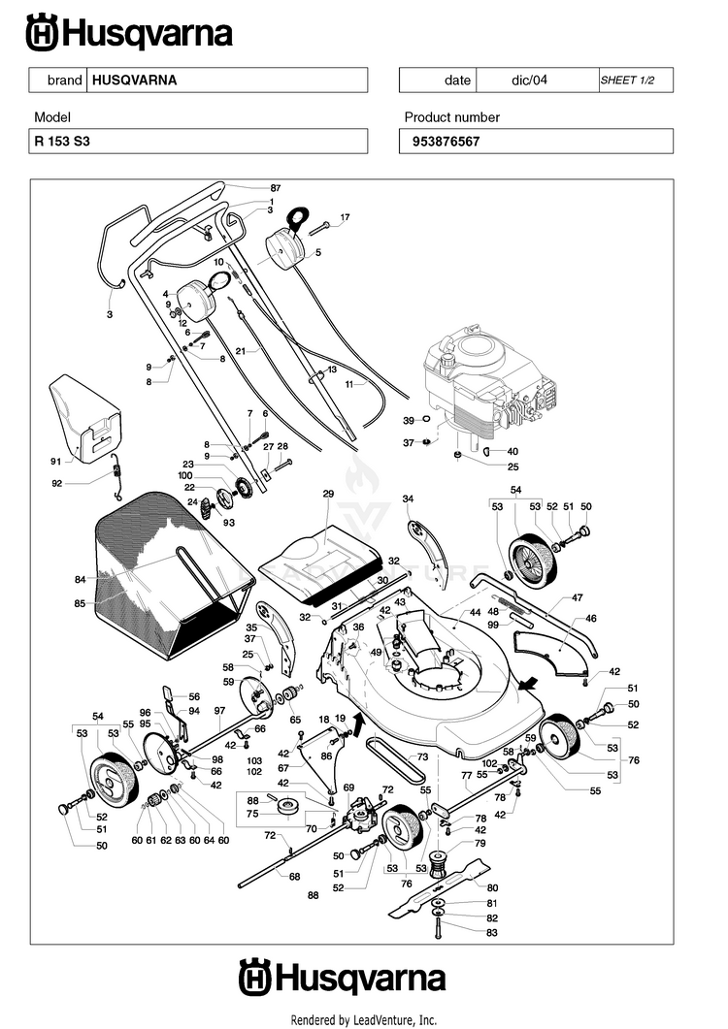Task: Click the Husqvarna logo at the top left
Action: [129, 34]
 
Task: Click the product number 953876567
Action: [447, 142]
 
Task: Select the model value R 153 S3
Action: [62, 141]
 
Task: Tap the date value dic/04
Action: [529, 80]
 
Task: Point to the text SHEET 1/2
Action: [627, 80]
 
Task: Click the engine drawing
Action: [489, 387]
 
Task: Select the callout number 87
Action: [276, 188]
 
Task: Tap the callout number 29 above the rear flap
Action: [328, 494]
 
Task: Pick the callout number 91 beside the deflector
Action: [56, 462]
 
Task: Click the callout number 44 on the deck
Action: [475, 612]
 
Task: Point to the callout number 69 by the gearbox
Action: [348, 788]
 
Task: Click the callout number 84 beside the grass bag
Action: [81, 579]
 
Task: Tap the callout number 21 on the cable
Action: [241, 351]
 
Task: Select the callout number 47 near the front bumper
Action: [577, 597]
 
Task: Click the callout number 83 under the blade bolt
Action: [491, 933]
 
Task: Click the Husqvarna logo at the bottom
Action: [343, 978]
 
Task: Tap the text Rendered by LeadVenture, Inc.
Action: [363, 1020]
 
